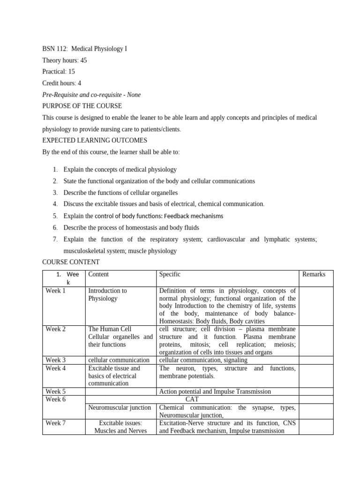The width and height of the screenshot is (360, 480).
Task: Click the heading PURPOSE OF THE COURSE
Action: click(x=82, y=106)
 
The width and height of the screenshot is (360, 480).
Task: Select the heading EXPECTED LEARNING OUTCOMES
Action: click(x=95, y=140)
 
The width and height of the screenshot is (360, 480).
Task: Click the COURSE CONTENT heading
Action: click(x=71, y=262)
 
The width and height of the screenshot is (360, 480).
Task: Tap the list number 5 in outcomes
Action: click(x=55, y=216)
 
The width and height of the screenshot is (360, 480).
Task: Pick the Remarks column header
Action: click(x=314, y=274)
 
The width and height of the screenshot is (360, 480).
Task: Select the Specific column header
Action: click(x=170, y=274)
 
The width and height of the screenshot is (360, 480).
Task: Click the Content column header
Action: click(x=98, y=274)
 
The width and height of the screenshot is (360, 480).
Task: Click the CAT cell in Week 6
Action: click(x=192, y=399)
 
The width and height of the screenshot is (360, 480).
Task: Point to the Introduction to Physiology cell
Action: click(x=108, y=294)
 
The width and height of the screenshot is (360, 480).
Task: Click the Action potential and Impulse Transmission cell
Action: click(x=215, y=391)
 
